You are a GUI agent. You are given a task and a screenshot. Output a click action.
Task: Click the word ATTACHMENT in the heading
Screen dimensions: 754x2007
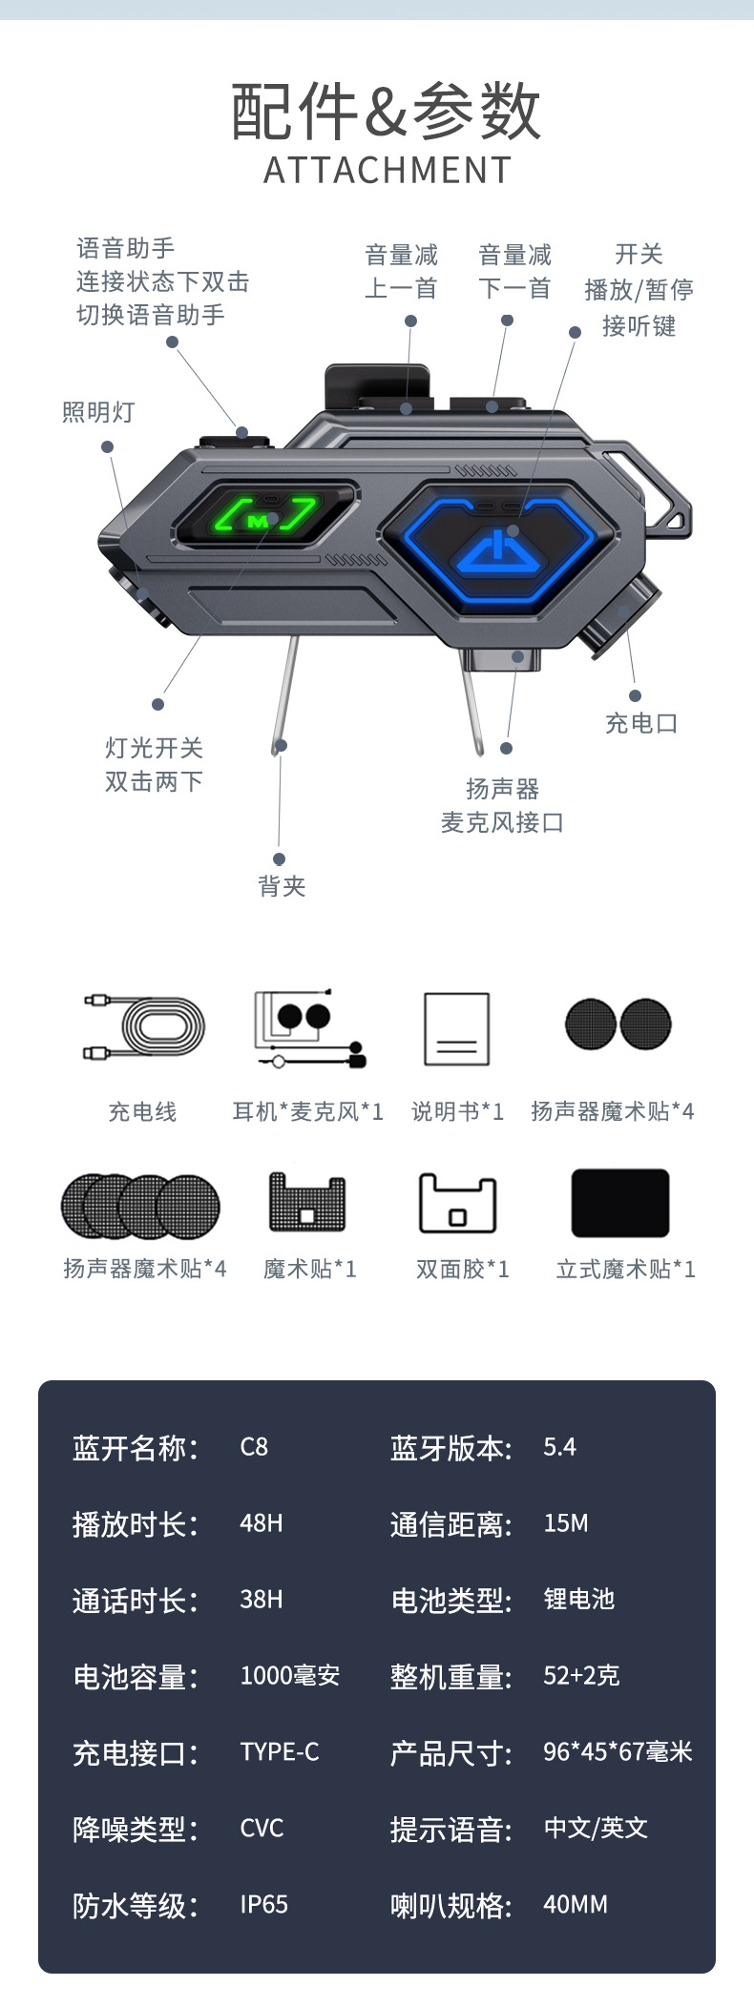coord(387,171)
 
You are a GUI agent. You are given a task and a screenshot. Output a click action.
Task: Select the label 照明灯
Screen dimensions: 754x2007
coord(98,412)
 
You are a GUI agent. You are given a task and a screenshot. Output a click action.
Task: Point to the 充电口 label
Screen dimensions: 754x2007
coord(641,723)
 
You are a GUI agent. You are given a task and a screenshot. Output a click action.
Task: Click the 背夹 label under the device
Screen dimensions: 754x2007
coord(282,886)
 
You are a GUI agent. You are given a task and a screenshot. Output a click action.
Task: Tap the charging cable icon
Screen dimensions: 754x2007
coord(144,1029)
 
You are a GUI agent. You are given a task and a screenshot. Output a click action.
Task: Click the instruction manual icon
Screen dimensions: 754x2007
coord(456,1029)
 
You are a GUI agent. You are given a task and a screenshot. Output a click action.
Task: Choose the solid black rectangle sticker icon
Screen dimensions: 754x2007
coord(619,1203)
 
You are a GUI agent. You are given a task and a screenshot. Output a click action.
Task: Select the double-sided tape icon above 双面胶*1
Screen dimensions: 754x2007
coord(457,1204)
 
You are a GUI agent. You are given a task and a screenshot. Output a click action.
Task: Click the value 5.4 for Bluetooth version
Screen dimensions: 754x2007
coord(559,1447)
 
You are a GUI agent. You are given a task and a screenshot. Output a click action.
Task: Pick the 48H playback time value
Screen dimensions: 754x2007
coord(261,1523)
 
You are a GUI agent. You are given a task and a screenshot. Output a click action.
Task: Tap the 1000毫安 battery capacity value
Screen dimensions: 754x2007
coord(289,1676)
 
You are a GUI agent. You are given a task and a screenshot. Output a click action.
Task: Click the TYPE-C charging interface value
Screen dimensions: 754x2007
coord(279,1752)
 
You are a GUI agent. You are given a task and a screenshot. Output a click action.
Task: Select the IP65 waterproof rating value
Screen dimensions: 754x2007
coord(263,1905)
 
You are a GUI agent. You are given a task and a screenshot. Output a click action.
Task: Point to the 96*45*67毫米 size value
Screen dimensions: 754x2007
coord(617,1752)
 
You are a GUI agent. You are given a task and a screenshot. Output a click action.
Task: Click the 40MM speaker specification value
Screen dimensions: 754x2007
coord(575,1905)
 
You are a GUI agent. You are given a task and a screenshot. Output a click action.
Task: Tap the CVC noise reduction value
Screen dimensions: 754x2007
coord(262,1829)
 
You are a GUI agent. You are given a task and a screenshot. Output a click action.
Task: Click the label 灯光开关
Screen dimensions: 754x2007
coord(154,748)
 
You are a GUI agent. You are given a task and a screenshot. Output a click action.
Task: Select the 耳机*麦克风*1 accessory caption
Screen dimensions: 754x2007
coord(307,1111)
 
